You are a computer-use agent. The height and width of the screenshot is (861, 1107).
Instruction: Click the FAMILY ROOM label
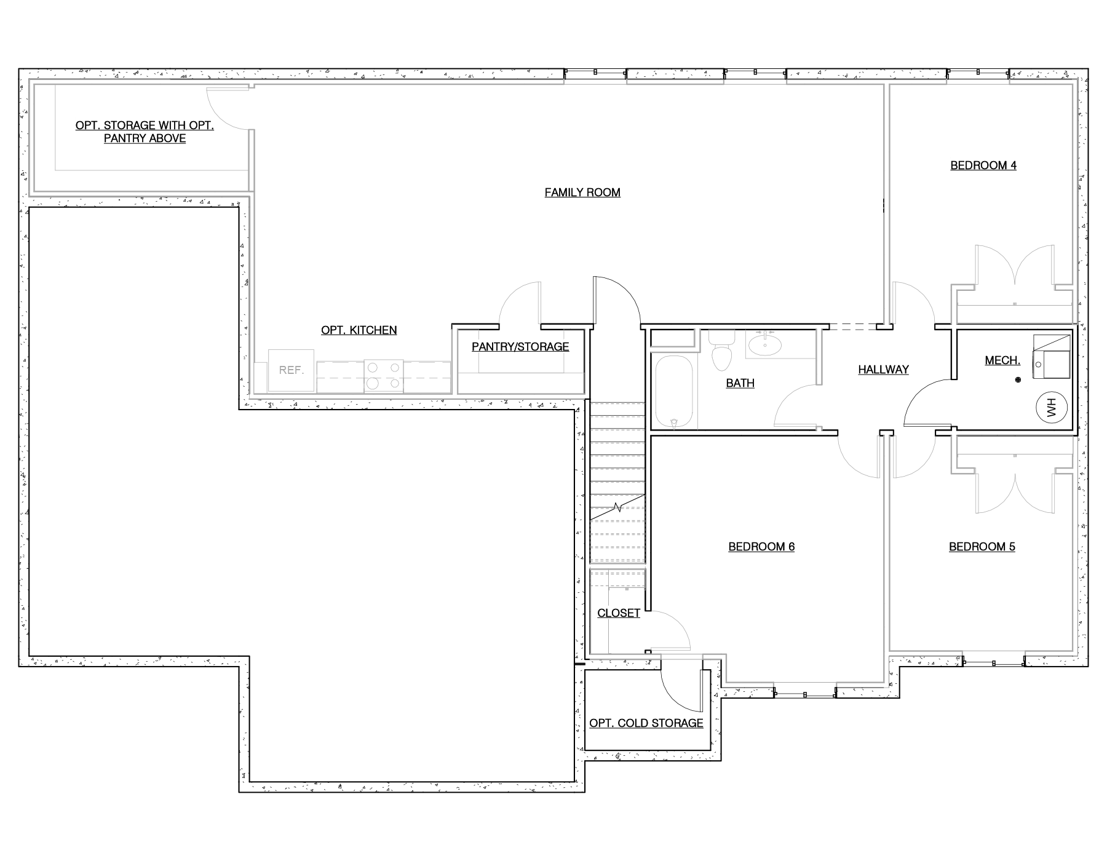coord(582,192)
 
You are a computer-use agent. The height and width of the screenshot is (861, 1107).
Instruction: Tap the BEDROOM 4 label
coord(983,165)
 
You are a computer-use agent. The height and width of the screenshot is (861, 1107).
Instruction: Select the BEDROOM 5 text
coord(982,547)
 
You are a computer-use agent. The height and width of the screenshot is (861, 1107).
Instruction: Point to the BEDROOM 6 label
coord(761,547)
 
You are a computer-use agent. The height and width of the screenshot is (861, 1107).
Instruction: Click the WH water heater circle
coord(1050,407)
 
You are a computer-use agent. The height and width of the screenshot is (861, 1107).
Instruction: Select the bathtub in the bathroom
coord(675,392)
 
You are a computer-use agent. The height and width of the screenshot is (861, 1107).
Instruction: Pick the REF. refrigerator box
coord(291,370)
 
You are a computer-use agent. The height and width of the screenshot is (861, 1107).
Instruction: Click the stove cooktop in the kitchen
coord(384,376)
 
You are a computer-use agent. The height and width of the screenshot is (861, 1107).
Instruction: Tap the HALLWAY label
coord(884,370)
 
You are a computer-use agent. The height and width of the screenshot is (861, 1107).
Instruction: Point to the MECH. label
coord(1002,360)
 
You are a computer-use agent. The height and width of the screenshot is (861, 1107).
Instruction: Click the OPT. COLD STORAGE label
coord(646,723)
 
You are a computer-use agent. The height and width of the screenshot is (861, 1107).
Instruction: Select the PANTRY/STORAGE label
coord(520,347)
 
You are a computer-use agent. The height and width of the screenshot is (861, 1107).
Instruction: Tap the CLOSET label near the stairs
coord(619,613)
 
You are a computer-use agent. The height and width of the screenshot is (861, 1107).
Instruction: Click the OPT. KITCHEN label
coord(359,330)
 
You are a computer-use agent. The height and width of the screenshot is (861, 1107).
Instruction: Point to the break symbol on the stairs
coord(617,508)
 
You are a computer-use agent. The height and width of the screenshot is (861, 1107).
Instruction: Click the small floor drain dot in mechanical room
coord(1018,381)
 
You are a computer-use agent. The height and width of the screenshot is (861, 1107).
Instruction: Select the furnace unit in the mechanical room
coord(1052,357)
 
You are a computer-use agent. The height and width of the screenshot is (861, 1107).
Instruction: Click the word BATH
coord(740,383)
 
